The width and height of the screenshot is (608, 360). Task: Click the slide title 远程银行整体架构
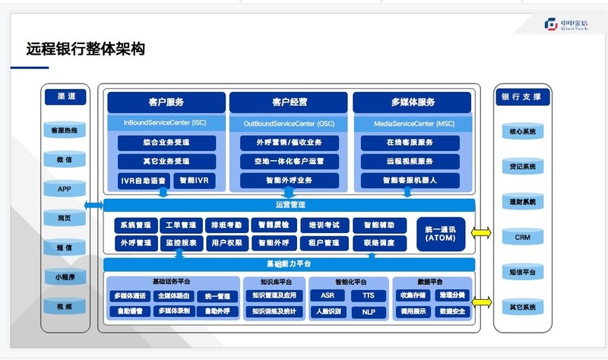tap(85, 50)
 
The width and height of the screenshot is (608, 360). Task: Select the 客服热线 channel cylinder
tap(65, 131)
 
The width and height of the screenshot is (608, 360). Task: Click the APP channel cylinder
tap(65, 188)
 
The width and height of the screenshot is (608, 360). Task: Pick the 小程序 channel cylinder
tap(65, 277)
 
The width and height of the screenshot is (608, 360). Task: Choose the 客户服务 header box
tap(166, 102)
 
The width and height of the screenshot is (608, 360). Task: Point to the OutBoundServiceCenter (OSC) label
tap(289, 122)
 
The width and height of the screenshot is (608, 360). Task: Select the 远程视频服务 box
tap(410, 161)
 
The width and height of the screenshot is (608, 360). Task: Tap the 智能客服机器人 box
tap(410, 181)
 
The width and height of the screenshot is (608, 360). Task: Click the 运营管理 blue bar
tap(289, 205)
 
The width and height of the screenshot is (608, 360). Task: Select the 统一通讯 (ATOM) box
tap(441, 233)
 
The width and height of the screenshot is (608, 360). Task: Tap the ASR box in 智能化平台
tap(328, 295)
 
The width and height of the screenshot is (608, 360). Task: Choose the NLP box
tap(369, 311)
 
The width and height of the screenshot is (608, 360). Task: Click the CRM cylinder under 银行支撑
tap(522, 237)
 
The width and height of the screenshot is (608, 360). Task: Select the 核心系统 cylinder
tap(522, 131)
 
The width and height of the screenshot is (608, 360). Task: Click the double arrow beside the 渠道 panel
tap(93, 205)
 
